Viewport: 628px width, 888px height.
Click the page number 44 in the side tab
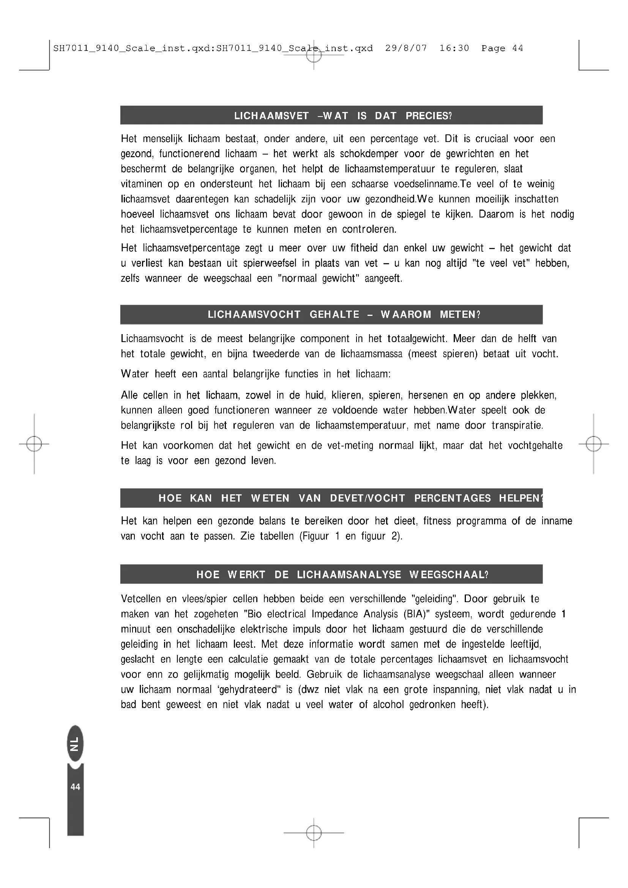tap(76, 787)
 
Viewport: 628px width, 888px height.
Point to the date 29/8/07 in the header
tap(406, 48)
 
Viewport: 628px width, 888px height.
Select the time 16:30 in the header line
tap(454, 48)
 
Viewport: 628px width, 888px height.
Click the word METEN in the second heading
tap(459, 315)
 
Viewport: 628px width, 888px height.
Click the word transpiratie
tap(517, 426)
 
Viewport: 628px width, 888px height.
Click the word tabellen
tap(276, 536)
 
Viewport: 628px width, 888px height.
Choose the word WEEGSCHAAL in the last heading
tap(448, 575)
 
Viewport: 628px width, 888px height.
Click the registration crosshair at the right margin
tap(593, 445)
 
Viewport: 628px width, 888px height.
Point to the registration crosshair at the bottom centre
tap(314, 833)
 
